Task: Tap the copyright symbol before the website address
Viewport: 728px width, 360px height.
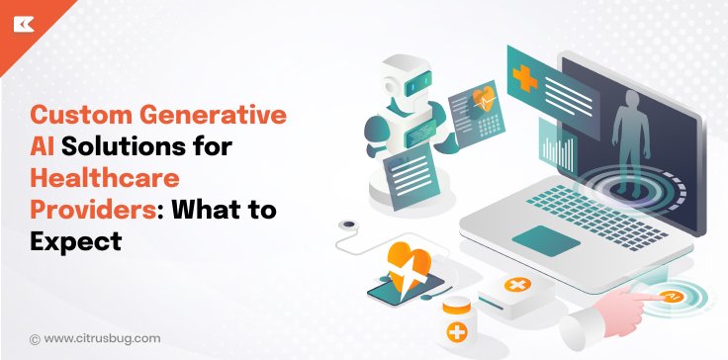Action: [36, 337]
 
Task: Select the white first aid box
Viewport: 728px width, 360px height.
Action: [514, 291]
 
